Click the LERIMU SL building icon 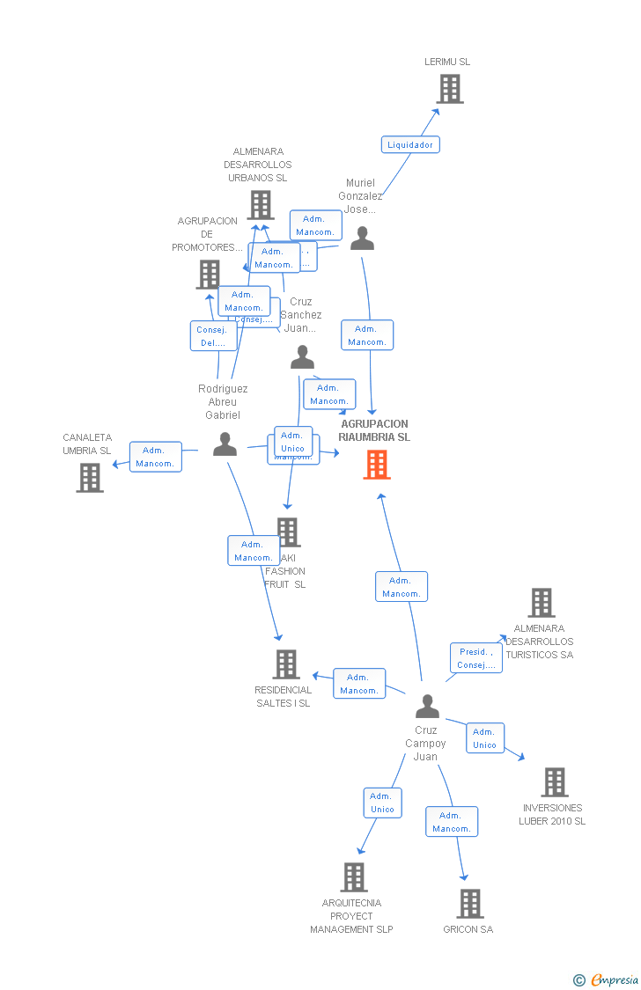tap(449, 89)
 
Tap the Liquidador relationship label tap(410, 144)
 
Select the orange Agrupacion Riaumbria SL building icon tap(377, 465)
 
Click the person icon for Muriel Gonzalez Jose tap(362, 238)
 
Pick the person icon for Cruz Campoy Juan tap(427, 707)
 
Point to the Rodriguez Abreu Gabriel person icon tap(225, 444)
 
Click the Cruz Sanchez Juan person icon tap(302, 357)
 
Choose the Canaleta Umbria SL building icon tap(90, 478)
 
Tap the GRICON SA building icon tap(470, 904)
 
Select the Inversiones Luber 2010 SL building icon tap(554, 782)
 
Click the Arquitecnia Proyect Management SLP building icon tap(354, 877)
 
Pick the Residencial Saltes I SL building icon tap(286, 664)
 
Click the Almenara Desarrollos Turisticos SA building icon tap(542, 603)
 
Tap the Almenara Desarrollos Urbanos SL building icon tap(260, 205)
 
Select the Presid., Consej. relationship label tap(476, 658)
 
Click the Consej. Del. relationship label tap(213, 336)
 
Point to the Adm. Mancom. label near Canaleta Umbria tap(156, 457)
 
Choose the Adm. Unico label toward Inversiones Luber tap(485, 738)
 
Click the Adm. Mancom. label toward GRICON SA tap(452, 822)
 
